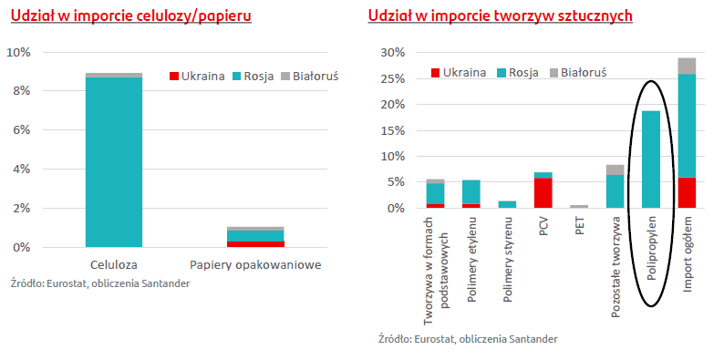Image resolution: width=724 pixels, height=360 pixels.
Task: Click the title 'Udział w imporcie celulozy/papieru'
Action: pyautogui.click(x=129, y=16)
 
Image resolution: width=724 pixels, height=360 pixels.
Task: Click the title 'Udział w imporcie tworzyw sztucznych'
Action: pyautogui.click(x=500, y=16)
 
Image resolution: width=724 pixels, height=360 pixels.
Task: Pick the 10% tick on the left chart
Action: pyautogui.click(x=18, y=52)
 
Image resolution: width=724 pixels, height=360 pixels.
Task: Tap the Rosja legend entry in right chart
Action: pyautogui.click(x=517, y=72)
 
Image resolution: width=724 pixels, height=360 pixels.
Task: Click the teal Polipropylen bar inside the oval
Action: pyautogui.click(x=651, y=159)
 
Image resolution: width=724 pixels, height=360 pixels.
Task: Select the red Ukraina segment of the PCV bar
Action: pyautogui.click(x=543, y=193)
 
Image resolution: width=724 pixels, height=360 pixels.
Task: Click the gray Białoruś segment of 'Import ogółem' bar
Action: pyautogui.click(x=687, y=66)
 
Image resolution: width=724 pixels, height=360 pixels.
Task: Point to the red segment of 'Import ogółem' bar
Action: pyautogui.click(x=687, y=193)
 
